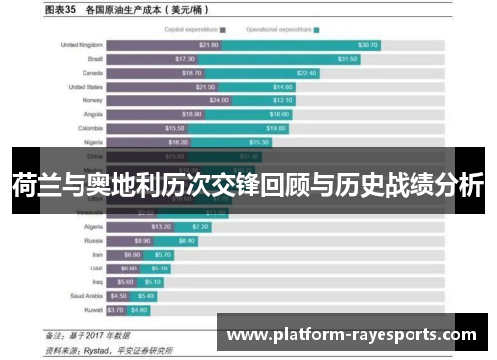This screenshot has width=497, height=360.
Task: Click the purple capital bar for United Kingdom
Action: click(164, 45)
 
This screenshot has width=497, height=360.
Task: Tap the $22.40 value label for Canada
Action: click(305, 73)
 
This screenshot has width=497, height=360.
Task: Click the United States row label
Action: click(84, 87)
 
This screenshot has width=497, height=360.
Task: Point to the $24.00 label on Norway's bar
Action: click(219, 100)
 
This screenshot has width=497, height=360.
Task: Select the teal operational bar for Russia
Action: click(185, 240)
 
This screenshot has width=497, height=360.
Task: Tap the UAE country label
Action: click(95, 268)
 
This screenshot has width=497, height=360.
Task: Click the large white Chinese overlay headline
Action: click(248, 184)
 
